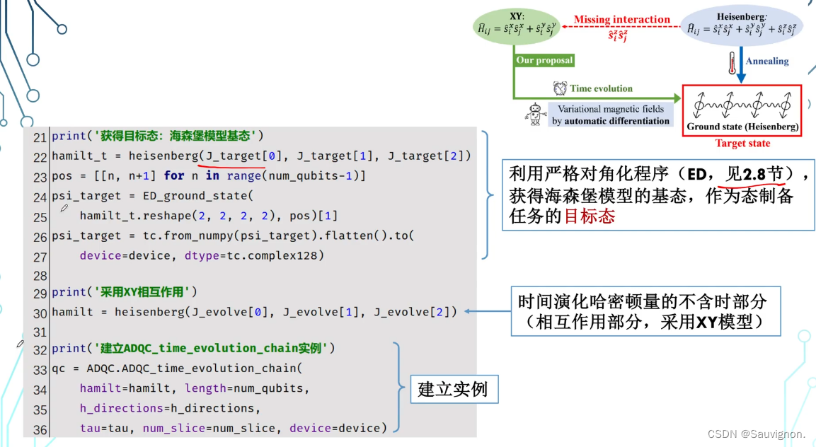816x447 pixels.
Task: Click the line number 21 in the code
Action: [39, 136]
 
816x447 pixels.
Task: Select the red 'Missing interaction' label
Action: [621, 20]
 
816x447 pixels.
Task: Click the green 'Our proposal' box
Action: [544, 61]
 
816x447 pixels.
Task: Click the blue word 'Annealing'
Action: [767, 62]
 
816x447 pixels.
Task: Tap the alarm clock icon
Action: [560, 88]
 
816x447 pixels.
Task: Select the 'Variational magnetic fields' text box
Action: [611, 115]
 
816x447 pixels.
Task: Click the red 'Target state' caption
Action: [742, 144]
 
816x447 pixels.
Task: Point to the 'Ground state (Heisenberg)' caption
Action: [742, 127]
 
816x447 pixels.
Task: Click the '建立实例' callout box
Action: [453, 389]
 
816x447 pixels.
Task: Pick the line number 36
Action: [39, 429]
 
